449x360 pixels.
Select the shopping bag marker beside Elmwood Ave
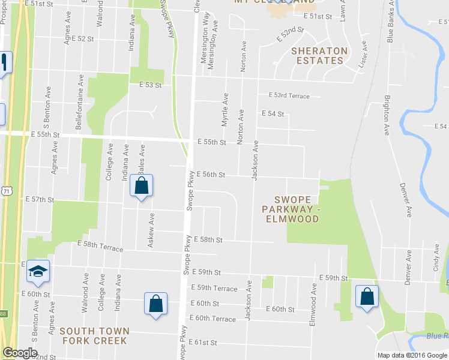click(x=367, y=296)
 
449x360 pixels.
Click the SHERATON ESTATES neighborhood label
click(x=319, y=55)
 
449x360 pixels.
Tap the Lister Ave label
click(x=363, y=56)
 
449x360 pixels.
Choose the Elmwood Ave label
click(x=312, y=305)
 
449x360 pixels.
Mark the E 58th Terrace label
click(x=100, y=246)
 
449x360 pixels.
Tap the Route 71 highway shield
click(x=5, y=190)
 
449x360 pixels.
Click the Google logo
click(x=20, y=353)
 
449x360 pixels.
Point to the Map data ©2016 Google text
click(x=412, y=355)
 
